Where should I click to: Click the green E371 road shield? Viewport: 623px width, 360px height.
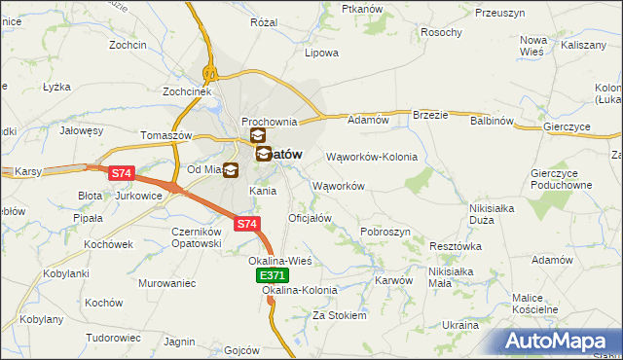point(273,277)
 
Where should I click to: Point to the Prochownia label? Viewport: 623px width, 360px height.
point(269,120)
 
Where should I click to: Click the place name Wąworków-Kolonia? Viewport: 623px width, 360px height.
point(371,157)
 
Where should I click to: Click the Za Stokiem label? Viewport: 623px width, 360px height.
point(339,315)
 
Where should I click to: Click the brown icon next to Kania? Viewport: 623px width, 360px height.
point(231,170)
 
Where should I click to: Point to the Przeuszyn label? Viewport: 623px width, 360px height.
point(500,13)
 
